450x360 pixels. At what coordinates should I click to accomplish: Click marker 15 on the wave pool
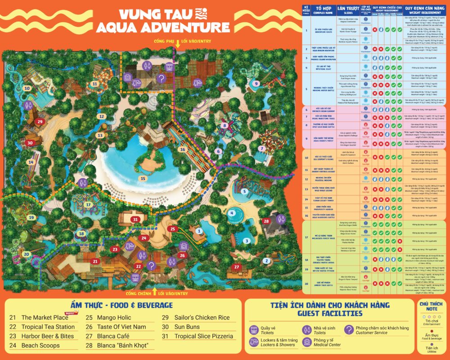143,178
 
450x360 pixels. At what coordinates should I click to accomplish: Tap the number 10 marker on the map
27,89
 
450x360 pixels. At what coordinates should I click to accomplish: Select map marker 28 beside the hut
266,221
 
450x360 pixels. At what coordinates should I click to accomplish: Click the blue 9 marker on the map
256,83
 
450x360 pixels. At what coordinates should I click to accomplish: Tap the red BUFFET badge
70,313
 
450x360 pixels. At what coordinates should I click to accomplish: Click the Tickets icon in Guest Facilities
253,329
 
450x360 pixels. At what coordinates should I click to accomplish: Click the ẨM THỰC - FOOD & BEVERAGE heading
121,306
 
